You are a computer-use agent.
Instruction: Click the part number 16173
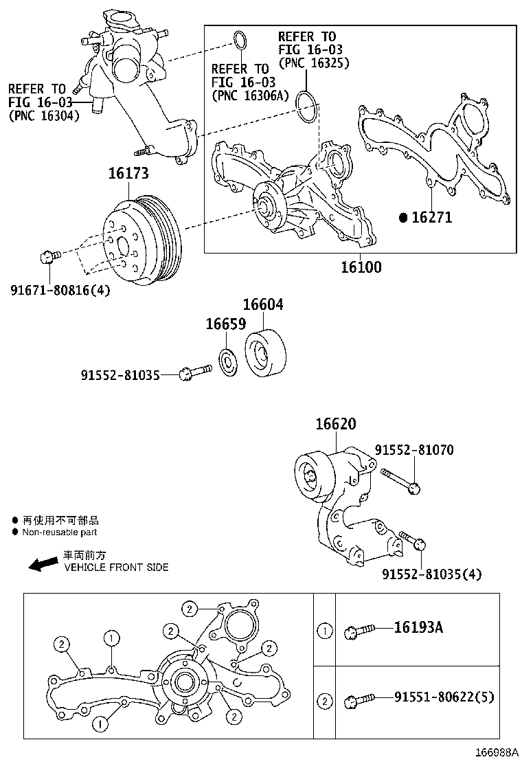[128, 175]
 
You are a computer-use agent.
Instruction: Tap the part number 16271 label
[431, 217]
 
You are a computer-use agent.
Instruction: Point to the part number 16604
[262, 305]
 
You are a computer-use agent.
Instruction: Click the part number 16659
[226, 324]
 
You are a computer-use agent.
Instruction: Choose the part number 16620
[336, 425]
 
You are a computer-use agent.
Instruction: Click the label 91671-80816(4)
[60, 290]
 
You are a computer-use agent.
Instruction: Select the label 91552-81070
[413, 450]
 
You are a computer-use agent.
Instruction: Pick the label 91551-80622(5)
[444, 698]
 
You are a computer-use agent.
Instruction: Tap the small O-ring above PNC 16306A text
[239, 41]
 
